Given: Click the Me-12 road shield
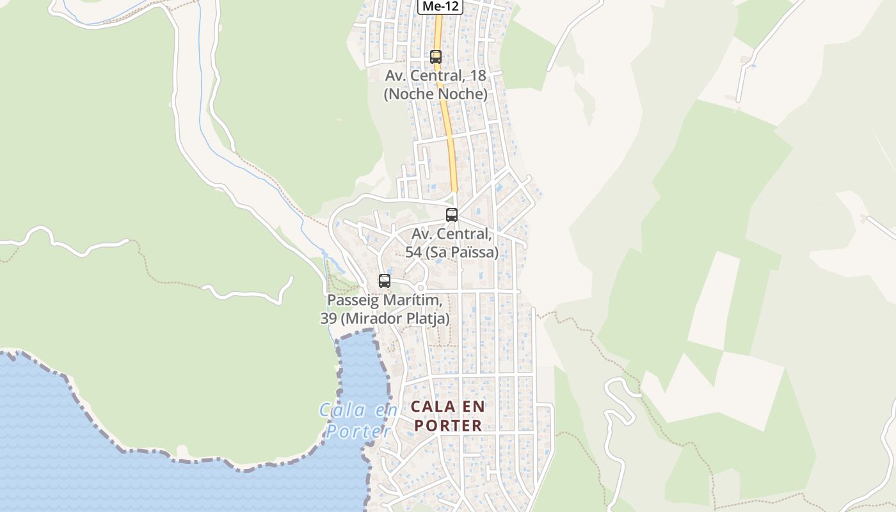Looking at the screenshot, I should coord(440,6).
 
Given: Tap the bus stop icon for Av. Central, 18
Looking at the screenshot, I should coord(436,56).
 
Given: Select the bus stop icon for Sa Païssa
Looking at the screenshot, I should coord(452,215).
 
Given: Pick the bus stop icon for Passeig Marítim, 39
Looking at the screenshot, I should coord(384,280).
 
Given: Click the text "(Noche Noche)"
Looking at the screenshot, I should coord(435,94).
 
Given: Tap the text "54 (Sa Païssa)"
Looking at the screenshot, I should coord(452,252).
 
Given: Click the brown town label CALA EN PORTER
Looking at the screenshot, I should coord(448,415).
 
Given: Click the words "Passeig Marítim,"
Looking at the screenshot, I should coord(385,300).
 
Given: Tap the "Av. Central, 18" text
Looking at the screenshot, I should coord(435,76).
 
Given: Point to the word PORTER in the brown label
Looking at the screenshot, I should coord(448,425).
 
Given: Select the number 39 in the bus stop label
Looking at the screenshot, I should coord(329,318).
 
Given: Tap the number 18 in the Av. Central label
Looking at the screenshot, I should coord(477,76).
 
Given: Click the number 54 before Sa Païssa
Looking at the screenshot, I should coord(413,252).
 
